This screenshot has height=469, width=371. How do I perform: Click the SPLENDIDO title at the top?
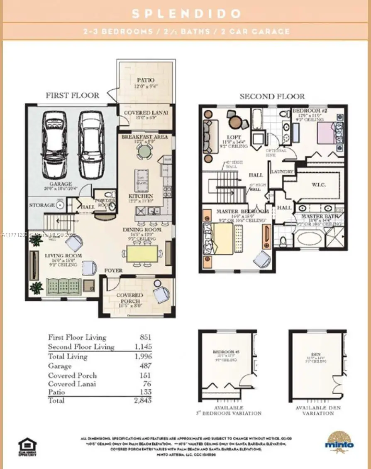tap(185, 13)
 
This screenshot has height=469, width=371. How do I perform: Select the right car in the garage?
tap(91, 145)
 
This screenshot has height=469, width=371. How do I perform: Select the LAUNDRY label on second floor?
tap(282, 172)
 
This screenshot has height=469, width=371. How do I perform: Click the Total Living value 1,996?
tap(143, 356)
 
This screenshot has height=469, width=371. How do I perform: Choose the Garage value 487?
tap(146, 366)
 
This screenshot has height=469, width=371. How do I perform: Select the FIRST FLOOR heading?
tap(72, 96)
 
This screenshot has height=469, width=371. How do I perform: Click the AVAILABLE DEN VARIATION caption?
tap(317, 410)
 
